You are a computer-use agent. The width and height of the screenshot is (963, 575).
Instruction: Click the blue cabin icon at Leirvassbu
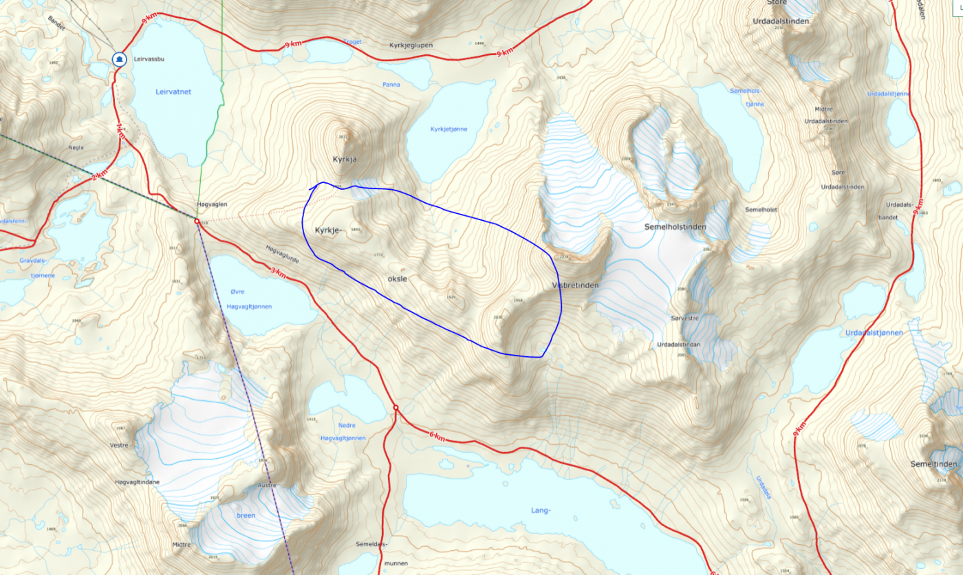(120, 59)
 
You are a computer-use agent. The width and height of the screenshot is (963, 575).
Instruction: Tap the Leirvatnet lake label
(173, 91)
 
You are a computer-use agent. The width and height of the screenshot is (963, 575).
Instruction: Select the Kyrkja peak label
(346, 159)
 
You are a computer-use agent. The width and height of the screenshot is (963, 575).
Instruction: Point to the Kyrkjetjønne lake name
(448, 129)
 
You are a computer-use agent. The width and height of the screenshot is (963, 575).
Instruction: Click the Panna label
(391, 85)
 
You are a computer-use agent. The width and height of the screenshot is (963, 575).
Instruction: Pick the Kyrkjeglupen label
(411, 45)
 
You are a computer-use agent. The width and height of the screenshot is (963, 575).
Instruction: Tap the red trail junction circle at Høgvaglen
(197, 222)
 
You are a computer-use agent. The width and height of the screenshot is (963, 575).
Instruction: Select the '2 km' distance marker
(98, 177)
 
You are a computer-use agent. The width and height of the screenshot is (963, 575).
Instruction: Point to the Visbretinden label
(575, 285)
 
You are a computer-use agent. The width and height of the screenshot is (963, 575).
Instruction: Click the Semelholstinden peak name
(675, 226)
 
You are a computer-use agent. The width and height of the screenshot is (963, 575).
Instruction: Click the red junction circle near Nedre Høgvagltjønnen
(396, 408)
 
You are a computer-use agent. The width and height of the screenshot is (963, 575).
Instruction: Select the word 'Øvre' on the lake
(238, 291)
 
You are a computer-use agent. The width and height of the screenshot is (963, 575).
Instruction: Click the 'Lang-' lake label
(541, 510)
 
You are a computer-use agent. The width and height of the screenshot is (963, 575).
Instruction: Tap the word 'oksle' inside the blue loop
(397, 279)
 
